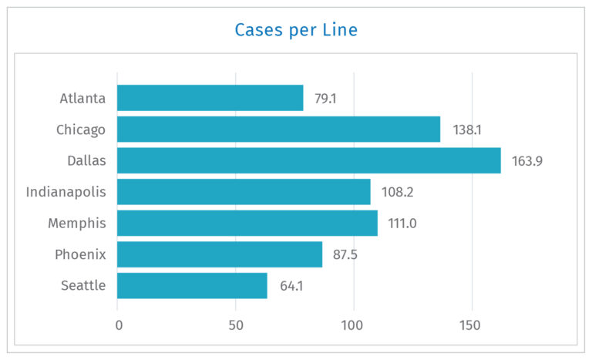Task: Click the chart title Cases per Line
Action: coord(296,30)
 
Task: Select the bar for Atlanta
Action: coord(210,98)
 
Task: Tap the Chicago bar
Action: coord(278,130)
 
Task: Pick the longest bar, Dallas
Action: coord(308,160)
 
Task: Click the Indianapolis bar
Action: coord(244,192)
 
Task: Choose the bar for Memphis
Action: coord(247,223)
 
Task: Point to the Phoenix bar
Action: coord(220,254)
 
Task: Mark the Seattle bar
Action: coord(192,286)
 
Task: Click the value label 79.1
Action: coord(325,99)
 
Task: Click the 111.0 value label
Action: coord(403,224)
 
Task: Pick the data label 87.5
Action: coord(345,255)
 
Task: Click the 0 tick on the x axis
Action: coord(118,325)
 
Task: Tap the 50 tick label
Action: coord(236,325)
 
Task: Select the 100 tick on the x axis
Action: coord(354,325)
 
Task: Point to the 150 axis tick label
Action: coord(472,325)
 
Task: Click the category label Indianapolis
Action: coord(66,192)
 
